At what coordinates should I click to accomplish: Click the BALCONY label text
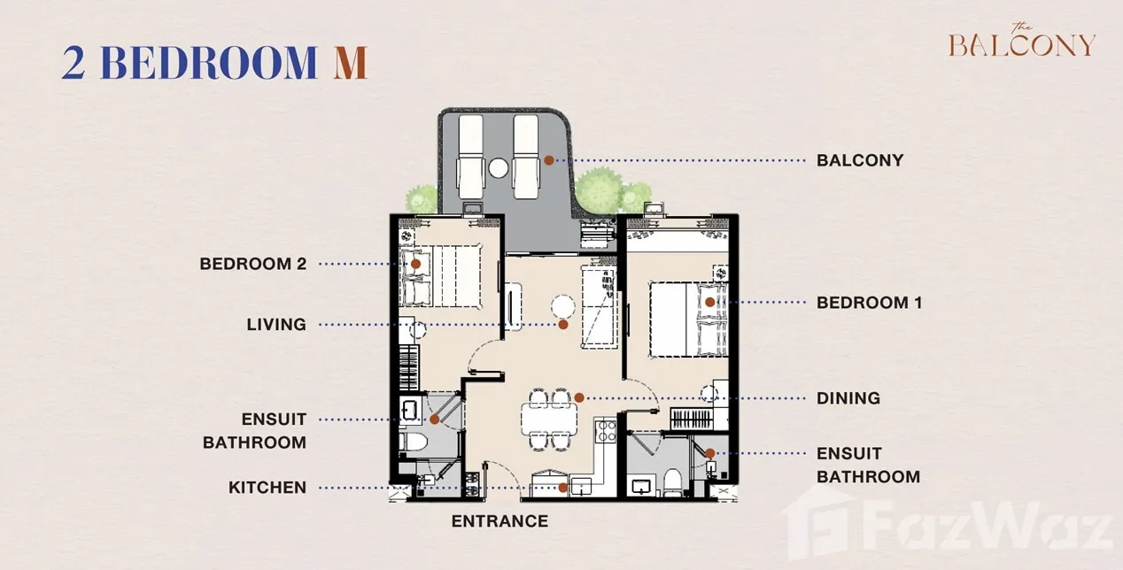click(860, 160)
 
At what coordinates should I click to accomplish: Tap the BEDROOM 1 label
click(870, 303)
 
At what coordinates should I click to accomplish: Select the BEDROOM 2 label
click(252, 264)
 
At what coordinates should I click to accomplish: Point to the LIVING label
click(276, 325)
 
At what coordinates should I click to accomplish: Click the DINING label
click(848, 398)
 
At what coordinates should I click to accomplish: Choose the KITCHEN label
click(267, 488)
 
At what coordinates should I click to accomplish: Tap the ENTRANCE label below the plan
click(500, 521)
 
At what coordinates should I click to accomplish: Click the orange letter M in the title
click(351, 63)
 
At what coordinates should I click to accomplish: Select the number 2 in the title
click(74, 63)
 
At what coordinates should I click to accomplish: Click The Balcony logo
click(1021, 41)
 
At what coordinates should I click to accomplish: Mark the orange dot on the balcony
click(549, 160)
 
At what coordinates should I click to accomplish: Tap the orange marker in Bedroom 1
click(710, 302)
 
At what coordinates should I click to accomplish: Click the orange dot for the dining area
click(579, 397)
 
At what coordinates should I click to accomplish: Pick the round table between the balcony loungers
click(499, 168)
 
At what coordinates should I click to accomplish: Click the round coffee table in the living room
click(563, 306)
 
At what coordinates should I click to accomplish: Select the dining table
click(548, 418)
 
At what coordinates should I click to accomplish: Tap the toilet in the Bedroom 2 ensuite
click(413, 442)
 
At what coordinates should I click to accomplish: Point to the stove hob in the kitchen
click(606, 432)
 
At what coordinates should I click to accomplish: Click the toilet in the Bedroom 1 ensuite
click(673, 481)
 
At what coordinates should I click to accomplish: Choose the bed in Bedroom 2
click(440, 275)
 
